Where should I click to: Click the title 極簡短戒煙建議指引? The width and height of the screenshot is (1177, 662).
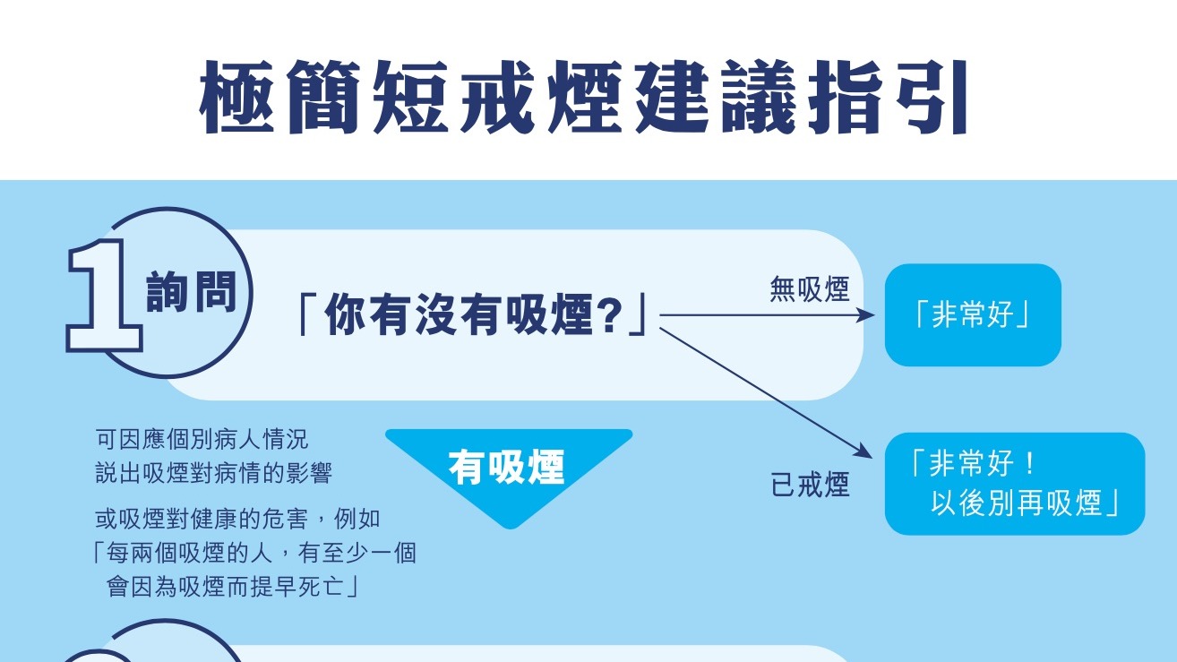coord(583,98)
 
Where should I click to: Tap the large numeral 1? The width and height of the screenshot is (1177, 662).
coord(104,296)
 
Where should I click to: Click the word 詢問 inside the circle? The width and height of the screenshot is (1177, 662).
coord(192,292)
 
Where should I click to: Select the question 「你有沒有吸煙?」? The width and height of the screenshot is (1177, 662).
coord(471,314)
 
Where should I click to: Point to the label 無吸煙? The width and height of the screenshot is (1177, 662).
coord(810,289)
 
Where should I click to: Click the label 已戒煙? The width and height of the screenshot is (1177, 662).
coord(810,485)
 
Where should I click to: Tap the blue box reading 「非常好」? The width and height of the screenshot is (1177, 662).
coord(973,314)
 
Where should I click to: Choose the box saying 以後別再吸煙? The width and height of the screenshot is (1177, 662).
coord(1015,484)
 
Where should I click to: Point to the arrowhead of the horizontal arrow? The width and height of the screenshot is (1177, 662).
coord(866,315)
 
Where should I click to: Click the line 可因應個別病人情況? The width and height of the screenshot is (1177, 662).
coord(202,439)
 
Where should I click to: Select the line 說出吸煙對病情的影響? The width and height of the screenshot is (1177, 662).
coord(214,473)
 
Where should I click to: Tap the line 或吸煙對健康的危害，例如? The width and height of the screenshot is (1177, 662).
coord(237,519)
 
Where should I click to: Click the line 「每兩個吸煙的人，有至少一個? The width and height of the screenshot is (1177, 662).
coord(253,553)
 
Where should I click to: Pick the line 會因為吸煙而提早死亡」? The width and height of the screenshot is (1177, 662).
coord(232,587)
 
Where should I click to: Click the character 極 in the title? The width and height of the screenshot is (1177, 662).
coord(237,98)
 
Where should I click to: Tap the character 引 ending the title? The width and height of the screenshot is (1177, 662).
coord(932,98)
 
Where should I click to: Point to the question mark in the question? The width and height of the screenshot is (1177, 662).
coord(610,314)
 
